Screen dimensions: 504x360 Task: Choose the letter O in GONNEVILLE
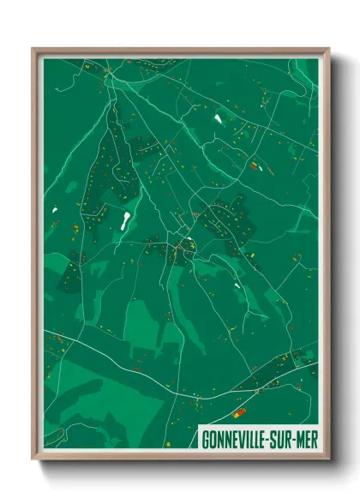tap(212, 439)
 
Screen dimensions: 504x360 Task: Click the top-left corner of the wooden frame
tap(33, 49)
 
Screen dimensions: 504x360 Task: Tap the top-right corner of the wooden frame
tap(328, 49)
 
